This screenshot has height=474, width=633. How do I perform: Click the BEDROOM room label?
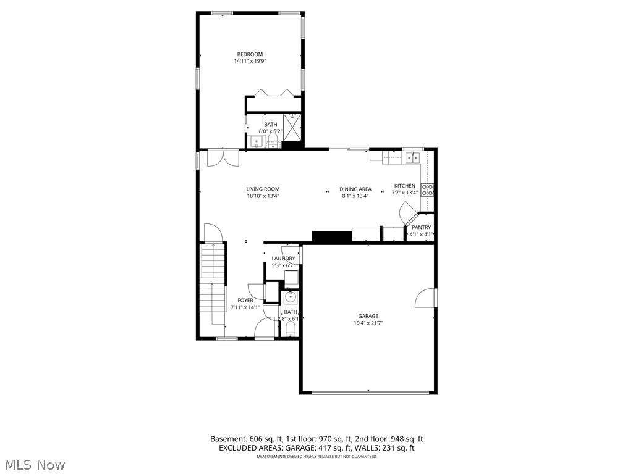click(250, 54)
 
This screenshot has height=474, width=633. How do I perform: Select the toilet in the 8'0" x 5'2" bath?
click(273, 141)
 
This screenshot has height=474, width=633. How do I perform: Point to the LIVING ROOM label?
click(263, 189)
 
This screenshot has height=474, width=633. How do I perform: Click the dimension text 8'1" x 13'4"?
click(355, 196)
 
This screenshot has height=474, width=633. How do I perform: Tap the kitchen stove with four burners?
click(427, 189)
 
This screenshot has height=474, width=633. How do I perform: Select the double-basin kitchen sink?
click(413, 158)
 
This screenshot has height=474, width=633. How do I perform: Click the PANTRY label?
click(421, 227)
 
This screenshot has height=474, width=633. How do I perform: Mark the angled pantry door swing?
click(409, 216)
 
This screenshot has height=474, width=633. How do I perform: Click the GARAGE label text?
click(368, 316)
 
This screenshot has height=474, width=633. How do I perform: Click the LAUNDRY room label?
click(283, 259)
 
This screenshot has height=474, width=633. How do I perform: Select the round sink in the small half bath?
click(290, 297)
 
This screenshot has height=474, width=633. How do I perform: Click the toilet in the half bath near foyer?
click(291, 327)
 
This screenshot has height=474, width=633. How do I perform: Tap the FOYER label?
click(245, 301)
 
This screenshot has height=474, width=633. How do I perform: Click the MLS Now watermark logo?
click(34, 464)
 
